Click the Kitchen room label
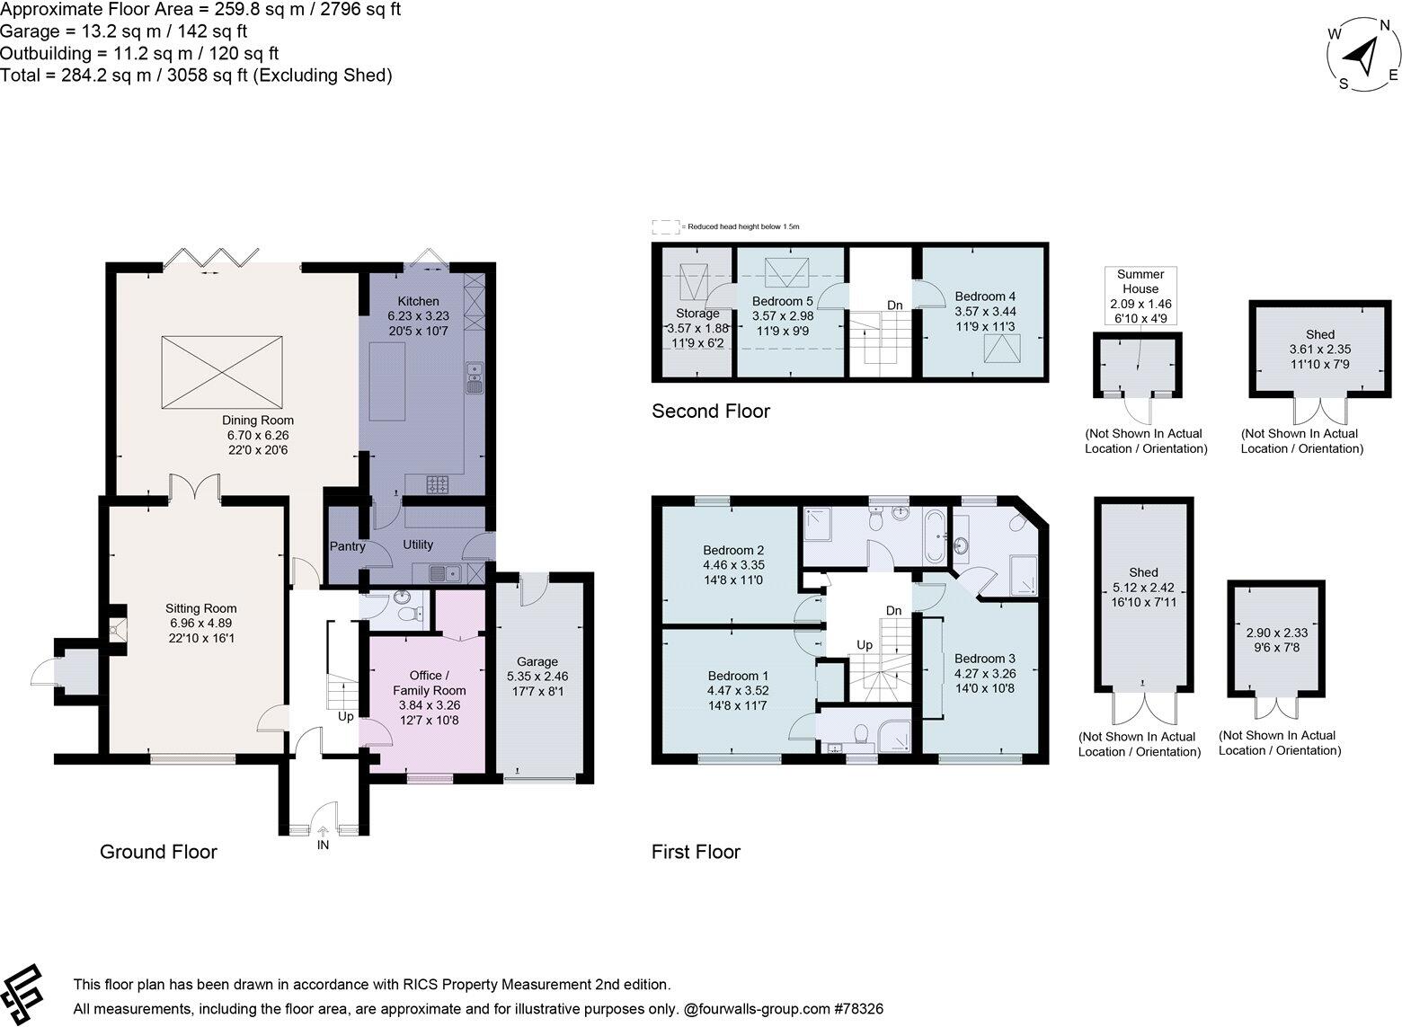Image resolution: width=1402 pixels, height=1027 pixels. click(x=418, y=301)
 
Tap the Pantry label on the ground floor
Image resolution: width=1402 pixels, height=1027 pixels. click(x=347, y=546)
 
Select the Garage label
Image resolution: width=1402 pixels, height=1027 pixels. click(x=537, y=661)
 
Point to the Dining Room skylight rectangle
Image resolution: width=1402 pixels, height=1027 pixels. click(x=221, y=369)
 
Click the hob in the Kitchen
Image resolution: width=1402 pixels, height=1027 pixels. click(x=439, y=485)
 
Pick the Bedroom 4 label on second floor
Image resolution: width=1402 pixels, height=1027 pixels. click(x=985, y=297)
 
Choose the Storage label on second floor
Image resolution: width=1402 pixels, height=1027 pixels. click(x=697, y=314)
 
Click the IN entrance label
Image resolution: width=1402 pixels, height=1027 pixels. click(x=323, y=846)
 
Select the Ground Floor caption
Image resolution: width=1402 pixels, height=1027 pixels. click(x=158, y=852)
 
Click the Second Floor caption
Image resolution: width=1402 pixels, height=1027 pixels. click(x=710, y=412)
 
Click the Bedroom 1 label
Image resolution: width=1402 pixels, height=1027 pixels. click(x=738, y=677)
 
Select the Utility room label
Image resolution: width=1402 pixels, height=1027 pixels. click(x=418, y=544)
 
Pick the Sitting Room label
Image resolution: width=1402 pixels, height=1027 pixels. click(x=200, y=608)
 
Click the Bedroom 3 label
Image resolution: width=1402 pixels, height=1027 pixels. click(x=985, y=659)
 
